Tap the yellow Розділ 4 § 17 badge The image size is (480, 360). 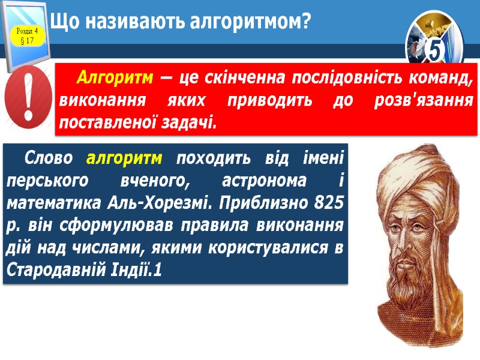(26, 35)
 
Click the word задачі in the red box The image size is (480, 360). (188, 122)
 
